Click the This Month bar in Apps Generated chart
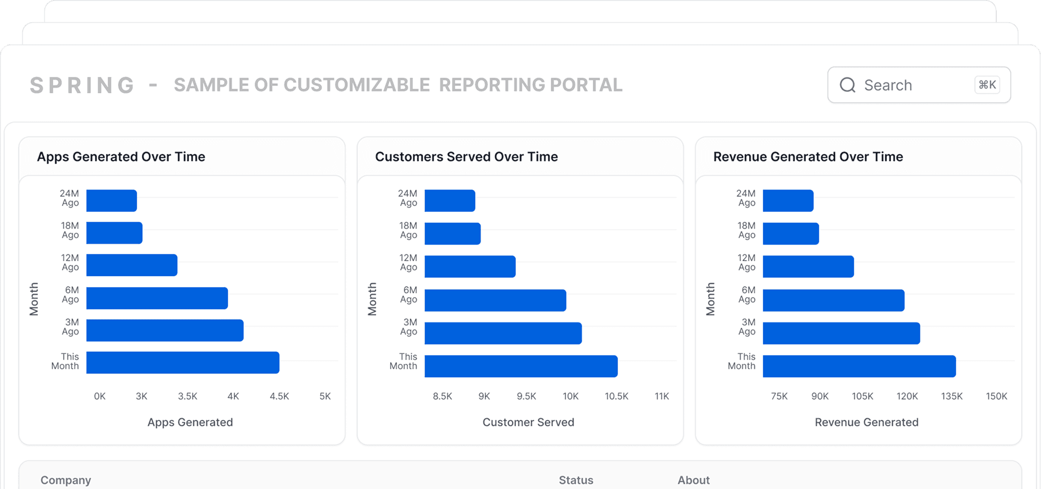(x=183, y=362)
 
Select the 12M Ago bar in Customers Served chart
(x=470, y=266)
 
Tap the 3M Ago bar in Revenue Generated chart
(x=841, y=333)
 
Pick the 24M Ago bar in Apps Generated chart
(x=111, y=201)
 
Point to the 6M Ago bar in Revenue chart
(x=834, y=300)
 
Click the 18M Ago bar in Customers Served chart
(x=453, y=234)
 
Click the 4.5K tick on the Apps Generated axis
(x=279, y=396)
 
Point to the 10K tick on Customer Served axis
(x=571, y=396)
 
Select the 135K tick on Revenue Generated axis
(x=952, y=396)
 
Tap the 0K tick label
(x=100, y=396)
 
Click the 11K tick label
(x=662, y=396)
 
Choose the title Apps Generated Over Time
(x=121, y=157)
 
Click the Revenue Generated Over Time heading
(x=808, y=157)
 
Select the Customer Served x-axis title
(x=528, y=422)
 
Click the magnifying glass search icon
(x=848, y=85)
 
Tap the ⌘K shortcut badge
(x=987, y=85)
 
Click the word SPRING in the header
(x=82, y=85)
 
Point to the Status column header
(x=576, y=480)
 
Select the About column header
(x=694, y=480)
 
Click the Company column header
(x=66, y=481)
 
